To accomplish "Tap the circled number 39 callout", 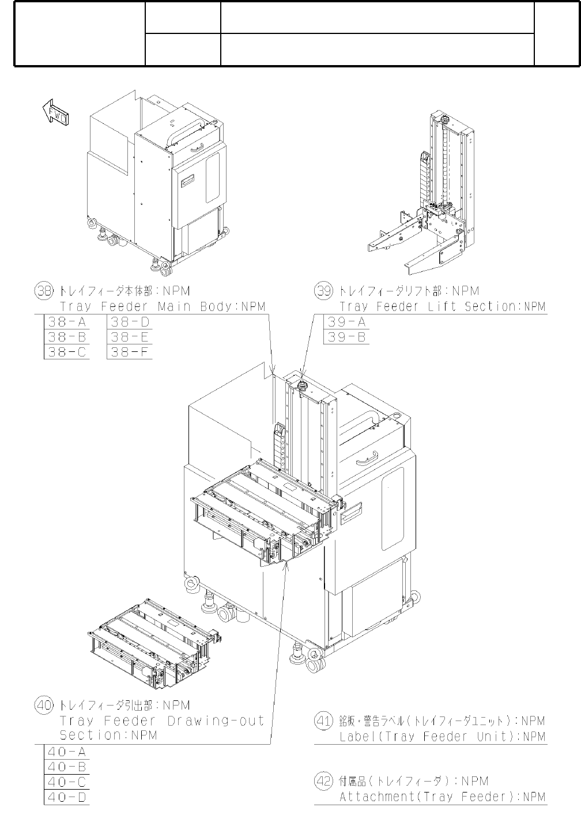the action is pos(323,291).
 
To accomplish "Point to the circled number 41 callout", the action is pos(323,721).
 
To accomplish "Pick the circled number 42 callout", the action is pos(323,782).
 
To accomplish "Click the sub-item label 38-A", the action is pos(67,322).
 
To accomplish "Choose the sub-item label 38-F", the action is pos(130,352).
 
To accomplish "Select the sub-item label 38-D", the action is pos(130,322).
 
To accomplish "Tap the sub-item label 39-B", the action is pos(348,338).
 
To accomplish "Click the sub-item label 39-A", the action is pos(348,322).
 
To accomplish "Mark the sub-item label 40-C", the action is pos(67,782).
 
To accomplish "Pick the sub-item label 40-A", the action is pos(67,752).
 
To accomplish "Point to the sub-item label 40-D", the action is pos(67,798).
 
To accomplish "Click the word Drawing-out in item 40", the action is pos(216,721).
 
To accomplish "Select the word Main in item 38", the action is pos(174,307).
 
